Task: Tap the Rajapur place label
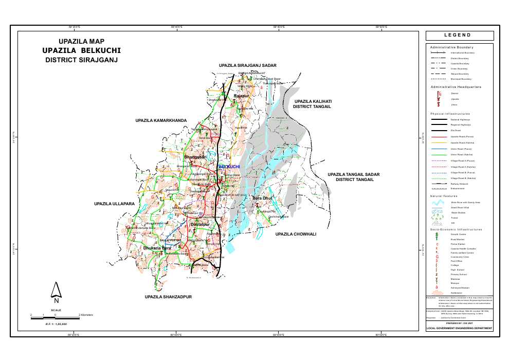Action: pos(241,96)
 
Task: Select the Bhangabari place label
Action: pos(195,156)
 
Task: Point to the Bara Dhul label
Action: pos(262,197)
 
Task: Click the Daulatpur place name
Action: pos(199,224)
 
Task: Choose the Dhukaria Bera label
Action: pos(157,248)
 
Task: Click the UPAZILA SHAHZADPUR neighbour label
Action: pos(168,297)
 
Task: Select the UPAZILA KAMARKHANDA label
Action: pos(160,120)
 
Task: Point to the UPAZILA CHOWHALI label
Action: pos(295,234)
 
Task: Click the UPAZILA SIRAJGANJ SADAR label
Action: pos(247,66)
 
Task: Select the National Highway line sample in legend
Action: pos(438,119)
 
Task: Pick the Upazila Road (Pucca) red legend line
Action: pos(438,136)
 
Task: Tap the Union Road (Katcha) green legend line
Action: pos(438,154)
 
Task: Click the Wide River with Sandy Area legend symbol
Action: pos(438,203)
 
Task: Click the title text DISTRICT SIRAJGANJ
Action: pos(82,60)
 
